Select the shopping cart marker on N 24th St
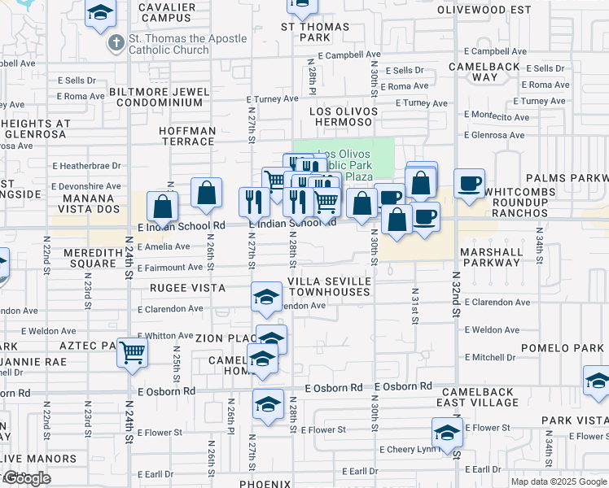(x=132, y=353)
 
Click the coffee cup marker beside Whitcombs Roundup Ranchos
(x=469, y=184)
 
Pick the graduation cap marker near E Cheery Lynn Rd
(x=447, y=434)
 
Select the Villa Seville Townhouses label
(x=330, y=285)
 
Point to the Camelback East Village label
(x=480, y=396)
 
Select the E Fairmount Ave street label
(x=170, y=267)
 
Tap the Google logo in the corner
(x=27, y=478)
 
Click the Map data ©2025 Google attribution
(x=559, y=481)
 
